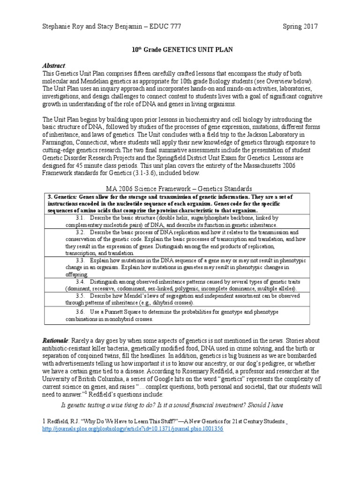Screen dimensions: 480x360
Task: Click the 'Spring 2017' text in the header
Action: [300, 26]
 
